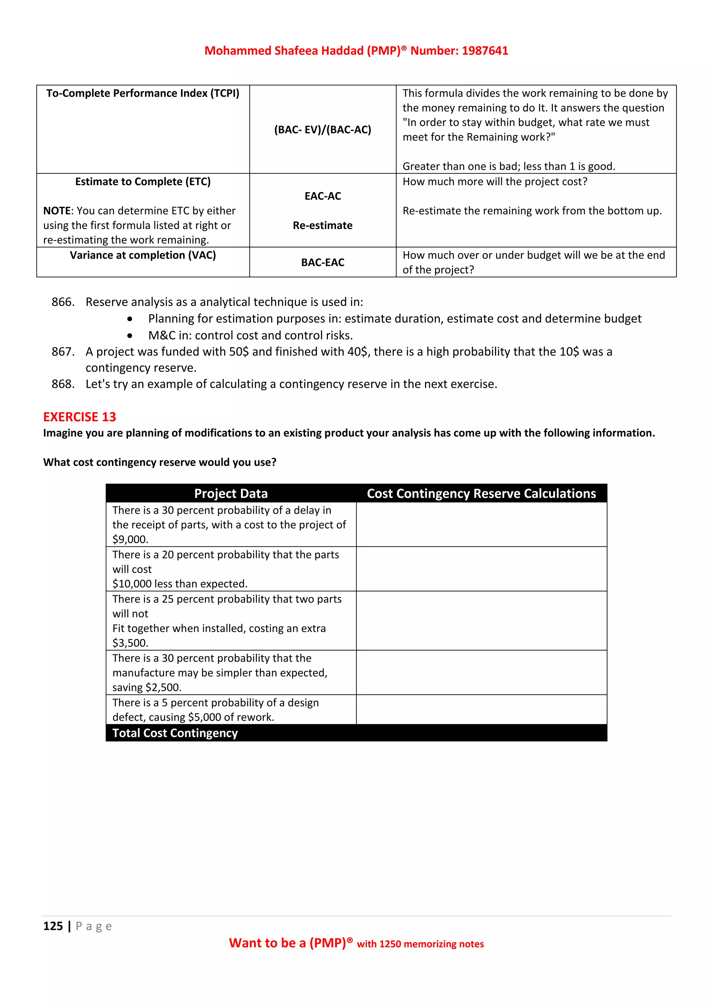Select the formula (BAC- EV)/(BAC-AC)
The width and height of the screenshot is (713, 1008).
tap(323, 130)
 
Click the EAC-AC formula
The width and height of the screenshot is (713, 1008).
tap(323, 196)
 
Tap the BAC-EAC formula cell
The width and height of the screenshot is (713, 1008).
tap(323, 262)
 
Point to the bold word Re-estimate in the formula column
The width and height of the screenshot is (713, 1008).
tap(323, 226)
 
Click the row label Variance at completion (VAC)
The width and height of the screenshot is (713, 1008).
tap(143, 255)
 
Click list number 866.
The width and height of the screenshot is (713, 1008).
tap(63, 302)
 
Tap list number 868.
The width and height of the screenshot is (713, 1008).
tap(63, 384)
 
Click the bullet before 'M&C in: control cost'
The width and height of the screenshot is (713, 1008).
tap(130, 336)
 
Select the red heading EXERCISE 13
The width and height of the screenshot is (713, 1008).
tap(79, 417)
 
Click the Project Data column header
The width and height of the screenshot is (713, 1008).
tap(231, 494)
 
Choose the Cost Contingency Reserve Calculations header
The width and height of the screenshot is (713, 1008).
tap(481, 494)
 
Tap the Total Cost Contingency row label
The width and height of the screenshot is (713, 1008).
tap(175, 733)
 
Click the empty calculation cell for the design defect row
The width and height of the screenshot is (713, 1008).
tap(481, 709)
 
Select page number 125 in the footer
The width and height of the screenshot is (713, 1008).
tap(53, 926)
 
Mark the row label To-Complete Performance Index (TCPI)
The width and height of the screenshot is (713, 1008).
tap(143, 94)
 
